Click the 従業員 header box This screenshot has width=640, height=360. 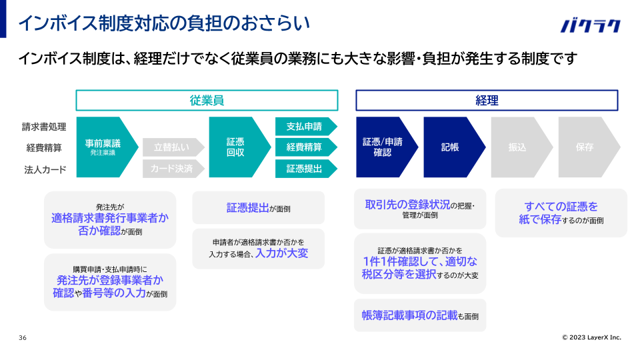pyautogui.click(x=207, y=101)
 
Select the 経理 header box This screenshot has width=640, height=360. pyautogui.click(x=487, y=101)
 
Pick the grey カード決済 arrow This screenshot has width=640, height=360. pyautogui.click(x=172, y=169)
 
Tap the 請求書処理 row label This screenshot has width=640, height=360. pyautogui.click(x=44, y=127)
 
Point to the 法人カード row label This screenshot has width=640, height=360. pyautogui.click(x=46, y=169)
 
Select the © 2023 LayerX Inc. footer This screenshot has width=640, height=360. pyautogui.click(x=591, y=337)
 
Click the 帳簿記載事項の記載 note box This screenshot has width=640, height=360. pyautogui.click(x=420, y=315)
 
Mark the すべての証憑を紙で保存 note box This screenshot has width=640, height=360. pyautogui.click(x=561, y=213)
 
